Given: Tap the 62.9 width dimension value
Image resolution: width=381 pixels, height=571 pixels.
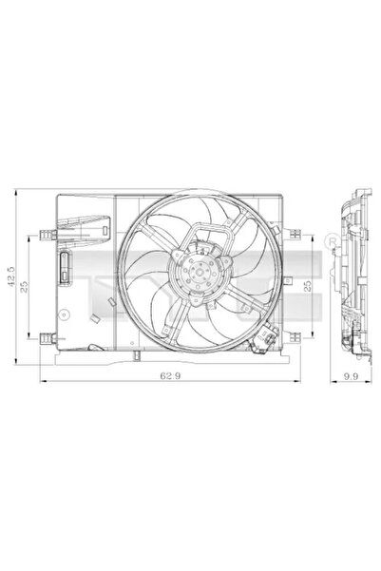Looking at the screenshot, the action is click(x=170, y=375).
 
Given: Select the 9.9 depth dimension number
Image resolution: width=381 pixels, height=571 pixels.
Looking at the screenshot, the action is click(x=351, y=376).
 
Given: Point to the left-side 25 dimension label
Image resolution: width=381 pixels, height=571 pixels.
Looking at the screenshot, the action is click(x=24, y=287).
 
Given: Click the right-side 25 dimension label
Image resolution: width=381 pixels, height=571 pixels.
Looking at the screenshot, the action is click(x=308, y=285).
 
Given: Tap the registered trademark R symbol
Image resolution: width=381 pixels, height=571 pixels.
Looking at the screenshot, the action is click(x=332, y=240).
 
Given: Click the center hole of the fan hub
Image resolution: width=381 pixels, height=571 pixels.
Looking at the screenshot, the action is click(x=199, y=272).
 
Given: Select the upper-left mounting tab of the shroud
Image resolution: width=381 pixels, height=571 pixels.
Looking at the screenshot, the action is click(x=48, y=235).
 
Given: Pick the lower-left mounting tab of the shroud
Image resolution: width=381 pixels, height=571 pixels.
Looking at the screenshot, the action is click(x=48, y=338).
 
